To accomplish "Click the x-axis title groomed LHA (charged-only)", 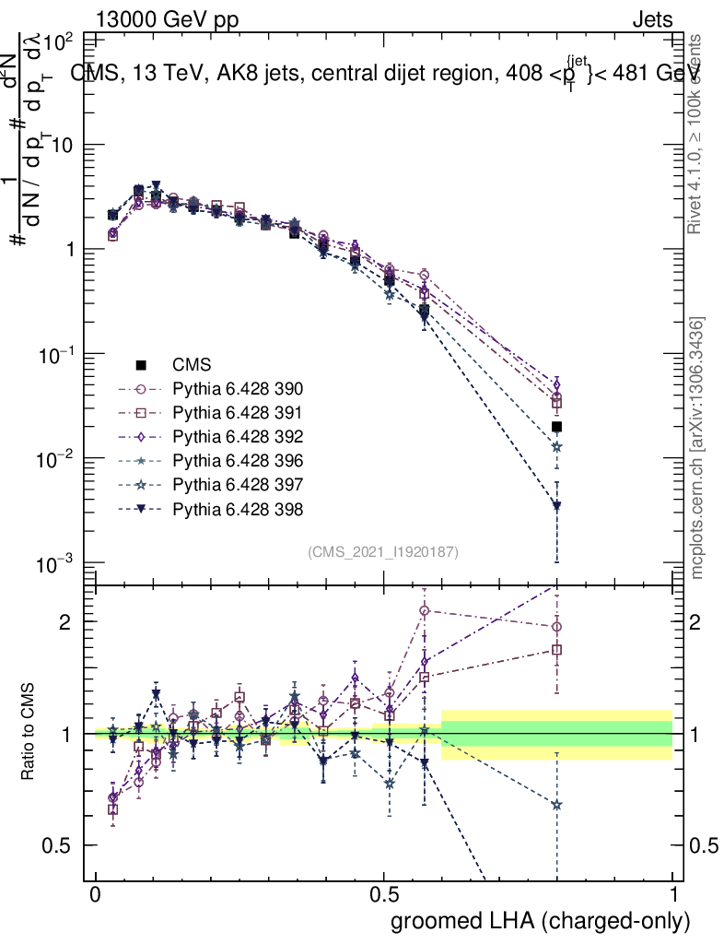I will [x=541, y=920].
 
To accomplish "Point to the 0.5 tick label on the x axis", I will [x=384, y=894].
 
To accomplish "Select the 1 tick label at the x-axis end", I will [x=673, y=894].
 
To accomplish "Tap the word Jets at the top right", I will [x=652, y=18].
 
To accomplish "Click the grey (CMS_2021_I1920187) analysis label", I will [x=383, y=551].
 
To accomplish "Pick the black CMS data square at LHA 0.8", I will [x=556, y=427].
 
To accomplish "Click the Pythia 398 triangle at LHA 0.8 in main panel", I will [x=556, y=506].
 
